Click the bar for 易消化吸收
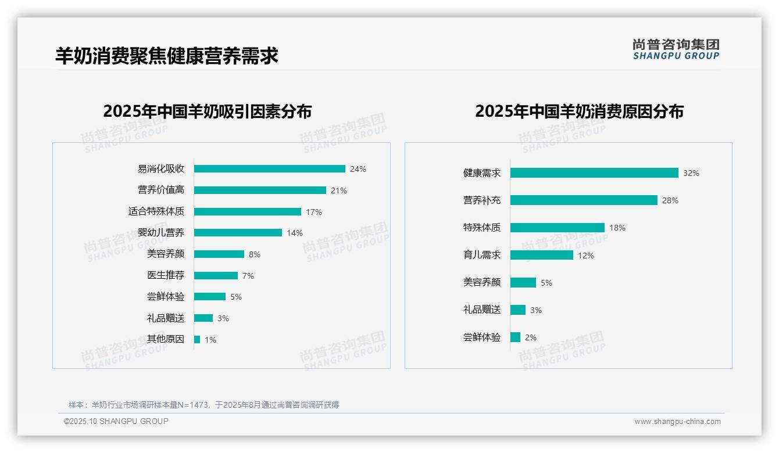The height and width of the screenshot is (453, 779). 269,169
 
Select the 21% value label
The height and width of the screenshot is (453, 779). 339,190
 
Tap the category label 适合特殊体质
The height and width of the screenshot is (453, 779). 156,211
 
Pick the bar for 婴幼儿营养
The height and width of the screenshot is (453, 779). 238,233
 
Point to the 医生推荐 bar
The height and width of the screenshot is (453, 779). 216,275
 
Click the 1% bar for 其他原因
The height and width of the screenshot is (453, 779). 197,339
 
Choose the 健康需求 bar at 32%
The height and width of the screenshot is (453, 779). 594,173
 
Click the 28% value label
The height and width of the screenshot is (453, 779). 670,200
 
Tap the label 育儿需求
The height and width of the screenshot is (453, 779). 482,255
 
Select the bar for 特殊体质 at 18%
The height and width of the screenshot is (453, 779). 558,228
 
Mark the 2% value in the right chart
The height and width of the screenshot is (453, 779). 531,337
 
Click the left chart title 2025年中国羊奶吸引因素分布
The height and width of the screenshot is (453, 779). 208,112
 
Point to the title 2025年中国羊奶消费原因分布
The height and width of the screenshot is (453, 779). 579,112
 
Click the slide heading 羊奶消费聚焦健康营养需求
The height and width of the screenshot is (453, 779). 167,56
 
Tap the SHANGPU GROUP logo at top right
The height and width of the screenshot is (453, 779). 676,49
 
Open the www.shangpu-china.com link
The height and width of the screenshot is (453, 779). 677,422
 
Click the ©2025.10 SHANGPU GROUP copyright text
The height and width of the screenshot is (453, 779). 116,422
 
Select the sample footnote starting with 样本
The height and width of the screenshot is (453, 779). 203,405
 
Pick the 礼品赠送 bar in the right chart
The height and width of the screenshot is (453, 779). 518,310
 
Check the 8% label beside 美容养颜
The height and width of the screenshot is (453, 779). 255,254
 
